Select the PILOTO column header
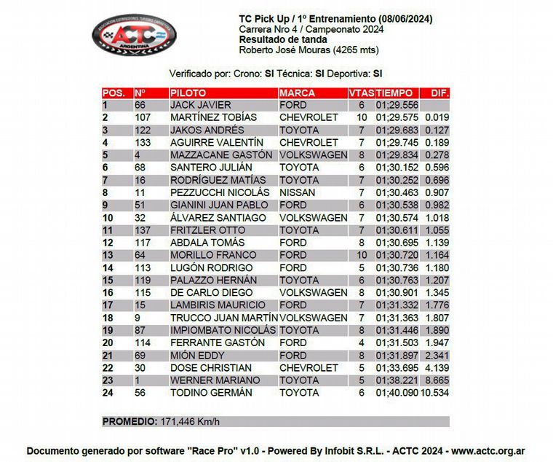(188, 93)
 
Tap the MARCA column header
(297, 93)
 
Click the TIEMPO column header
(394, 93)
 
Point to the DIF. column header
(439, 93)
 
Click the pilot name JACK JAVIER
(200, 105)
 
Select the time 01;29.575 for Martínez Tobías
(397, 117)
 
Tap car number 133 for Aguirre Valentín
(143, 142)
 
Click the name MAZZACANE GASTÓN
(221, 155)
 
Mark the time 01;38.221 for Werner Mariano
(397, 380)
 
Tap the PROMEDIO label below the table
(130, 421)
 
